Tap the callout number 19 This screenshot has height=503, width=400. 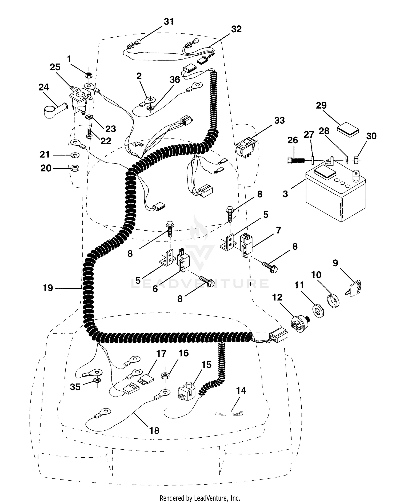[x=48, y=288]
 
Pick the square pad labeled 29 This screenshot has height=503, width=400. [x=348, y=129]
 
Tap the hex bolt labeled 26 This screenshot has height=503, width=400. [x=296, y=161]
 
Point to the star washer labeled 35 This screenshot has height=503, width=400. [x=97, y=381]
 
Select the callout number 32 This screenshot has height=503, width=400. [x=236, y=29]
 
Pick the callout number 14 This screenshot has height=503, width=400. [x=241, y=391]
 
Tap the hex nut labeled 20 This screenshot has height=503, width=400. [x=75, y=168]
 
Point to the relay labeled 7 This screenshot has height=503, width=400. [x=246, y=244]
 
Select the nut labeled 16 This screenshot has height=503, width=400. [x=164, y=376]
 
